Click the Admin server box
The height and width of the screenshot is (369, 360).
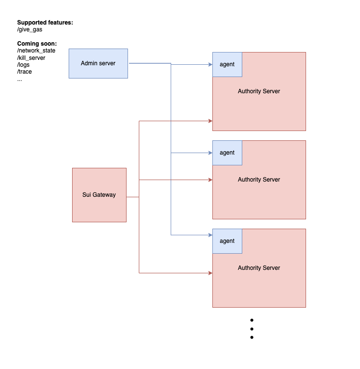click(98, 63)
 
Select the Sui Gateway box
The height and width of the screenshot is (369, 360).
click(99, 195)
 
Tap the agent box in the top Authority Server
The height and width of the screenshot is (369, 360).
click(227, 64)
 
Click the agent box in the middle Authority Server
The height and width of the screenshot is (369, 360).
click(227, 153)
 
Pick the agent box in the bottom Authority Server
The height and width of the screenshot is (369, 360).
click(227, 241)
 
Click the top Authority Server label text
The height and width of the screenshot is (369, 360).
click(259, 91)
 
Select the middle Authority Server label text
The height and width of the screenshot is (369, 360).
click(259, 180)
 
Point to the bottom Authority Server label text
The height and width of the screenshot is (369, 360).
click(259, 268)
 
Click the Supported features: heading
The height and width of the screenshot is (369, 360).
click(45, 23)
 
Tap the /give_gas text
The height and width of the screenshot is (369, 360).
click(30, 29)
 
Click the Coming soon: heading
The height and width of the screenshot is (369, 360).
click(37, 44)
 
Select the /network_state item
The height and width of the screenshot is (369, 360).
click(36, 51)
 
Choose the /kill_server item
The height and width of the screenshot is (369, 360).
click(31, 58)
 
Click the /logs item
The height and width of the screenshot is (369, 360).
click(24, 65)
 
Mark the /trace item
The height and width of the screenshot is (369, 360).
click(25, 72)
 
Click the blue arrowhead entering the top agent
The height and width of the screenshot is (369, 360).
click(210, 64)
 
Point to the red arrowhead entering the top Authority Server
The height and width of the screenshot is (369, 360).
click(210, 121)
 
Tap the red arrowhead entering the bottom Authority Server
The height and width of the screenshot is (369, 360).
click(210, 273)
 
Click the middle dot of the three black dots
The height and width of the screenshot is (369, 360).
click(252, 329)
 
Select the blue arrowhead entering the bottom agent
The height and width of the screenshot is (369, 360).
click(210, 235)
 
